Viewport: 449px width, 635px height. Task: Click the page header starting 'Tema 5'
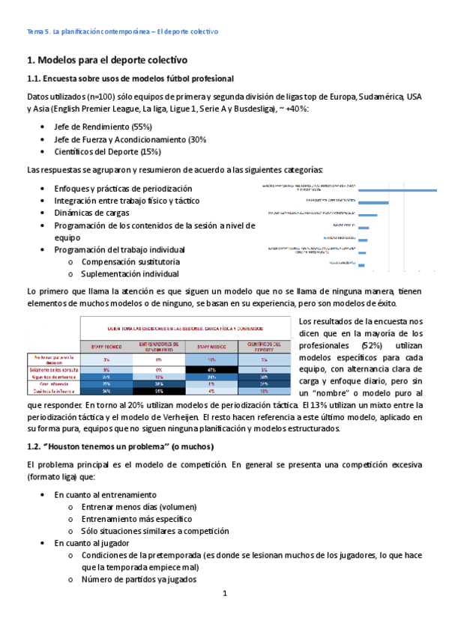pyautogui.click(x=121, y=31)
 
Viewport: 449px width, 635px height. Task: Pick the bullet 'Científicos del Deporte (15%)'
pyautogui.click(x=108, y=151)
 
